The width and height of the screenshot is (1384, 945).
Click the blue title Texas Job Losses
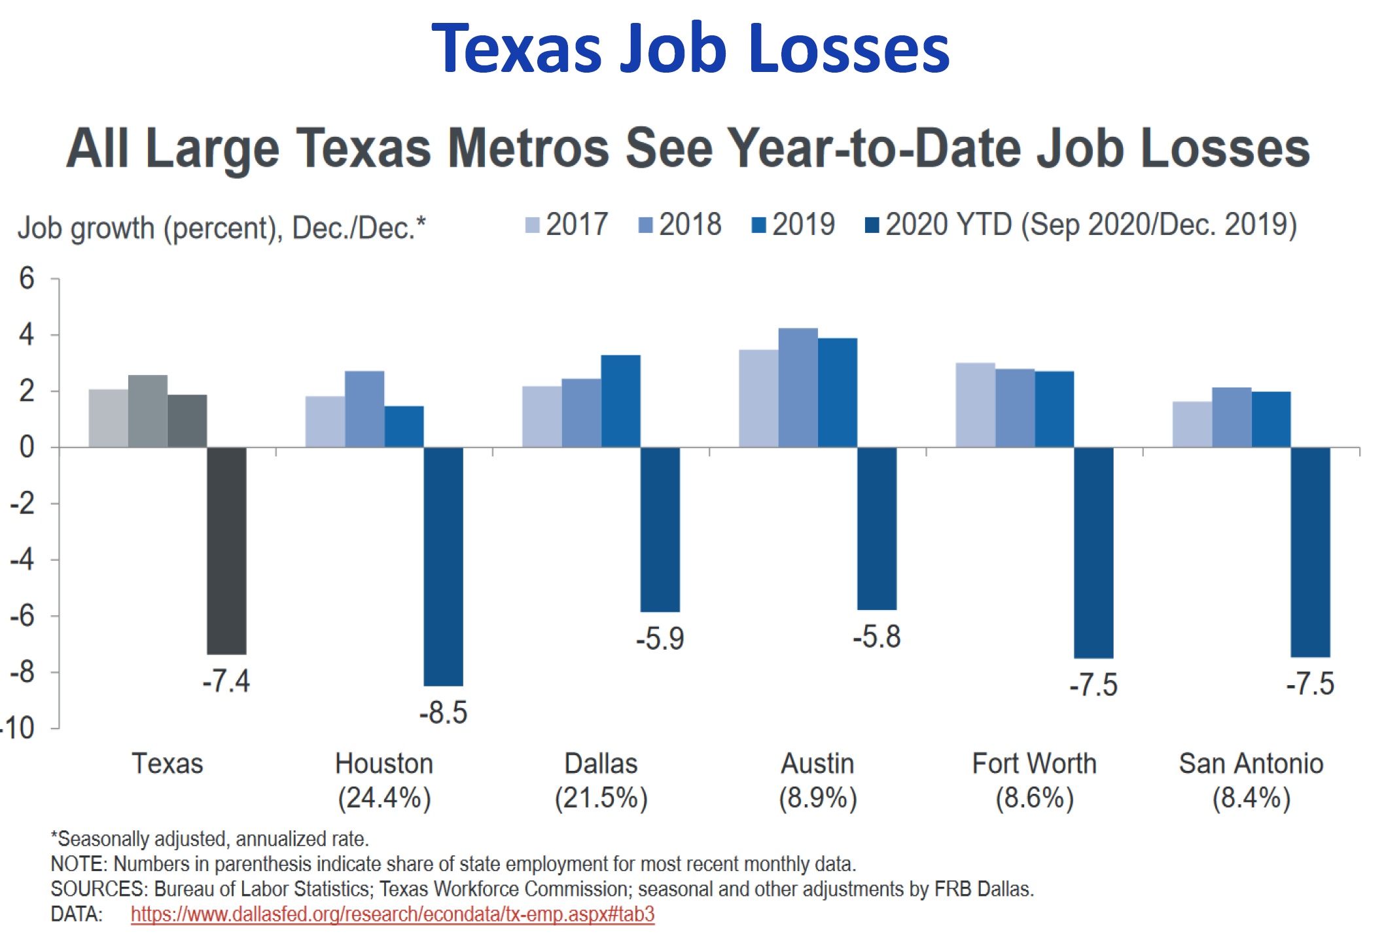click(690, 48)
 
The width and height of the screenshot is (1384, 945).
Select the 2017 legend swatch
click(532, 226)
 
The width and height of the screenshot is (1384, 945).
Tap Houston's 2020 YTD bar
click(443, 566)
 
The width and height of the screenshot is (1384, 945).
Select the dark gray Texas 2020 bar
click(226, 550)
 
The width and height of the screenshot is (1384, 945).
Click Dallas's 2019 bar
click(620, 401)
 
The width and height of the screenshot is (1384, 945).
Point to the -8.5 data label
click(443, 713)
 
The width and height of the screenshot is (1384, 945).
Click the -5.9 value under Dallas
click(660, 639)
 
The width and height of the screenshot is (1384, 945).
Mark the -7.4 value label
click(226, 681)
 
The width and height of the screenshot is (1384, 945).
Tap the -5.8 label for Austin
click(876, 637)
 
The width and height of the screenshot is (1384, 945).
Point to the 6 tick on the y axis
click(27, 279)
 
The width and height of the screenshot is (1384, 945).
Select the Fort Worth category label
click(1034, 764)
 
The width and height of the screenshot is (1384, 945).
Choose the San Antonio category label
click(1251, 764)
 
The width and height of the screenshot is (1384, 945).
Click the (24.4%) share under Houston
click(384, 798)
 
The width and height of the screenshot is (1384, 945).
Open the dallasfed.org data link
click(392, 914)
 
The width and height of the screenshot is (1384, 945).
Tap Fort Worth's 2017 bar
click(975, 405)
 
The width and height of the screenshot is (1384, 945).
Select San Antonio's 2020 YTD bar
click(1310, 552)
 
